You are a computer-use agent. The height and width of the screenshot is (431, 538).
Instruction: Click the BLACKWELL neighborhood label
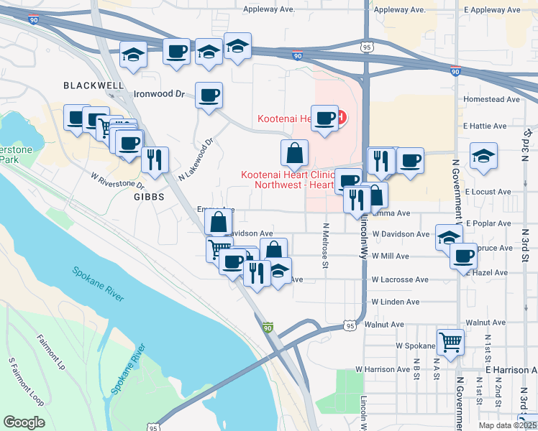pos(94,85)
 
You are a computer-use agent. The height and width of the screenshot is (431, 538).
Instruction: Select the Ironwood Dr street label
pos(160,93)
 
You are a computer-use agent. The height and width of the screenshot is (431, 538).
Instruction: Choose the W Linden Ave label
pos(395,302)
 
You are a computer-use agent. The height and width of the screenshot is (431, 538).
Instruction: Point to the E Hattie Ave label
pos(486,126)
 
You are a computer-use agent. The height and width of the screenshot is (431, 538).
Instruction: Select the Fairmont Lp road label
pos(50,351)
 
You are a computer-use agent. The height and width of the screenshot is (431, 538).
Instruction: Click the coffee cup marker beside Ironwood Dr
pos(209,96)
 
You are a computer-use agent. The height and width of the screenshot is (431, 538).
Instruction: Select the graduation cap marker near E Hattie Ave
pos(484,154)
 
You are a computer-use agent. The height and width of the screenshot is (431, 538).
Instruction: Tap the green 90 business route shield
pos(268,328)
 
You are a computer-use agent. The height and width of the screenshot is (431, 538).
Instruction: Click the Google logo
pos(24,422)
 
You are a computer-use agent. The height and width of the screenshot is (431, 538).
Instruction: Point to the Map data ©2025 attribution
pos(507,425)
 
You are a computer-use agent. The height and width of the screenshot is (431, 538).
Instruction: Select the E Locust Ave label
pos(488,193)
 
